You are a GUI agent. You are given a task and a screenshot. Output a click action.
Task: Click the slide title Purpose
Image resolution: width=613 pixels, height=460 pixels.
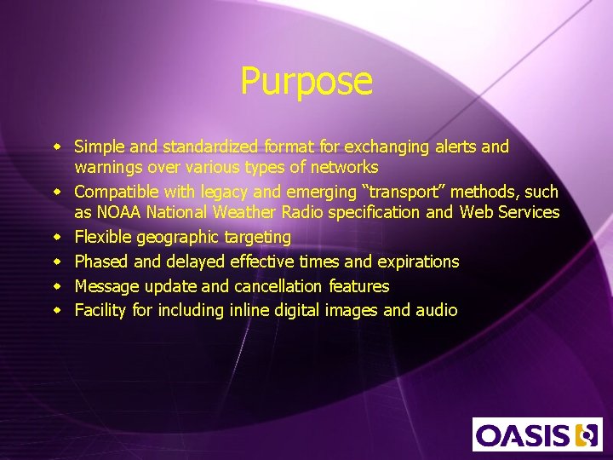(306, 82)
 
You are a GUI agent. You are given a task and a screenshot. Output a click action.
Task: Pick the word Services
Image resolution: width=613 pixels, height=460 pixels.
(528, 212)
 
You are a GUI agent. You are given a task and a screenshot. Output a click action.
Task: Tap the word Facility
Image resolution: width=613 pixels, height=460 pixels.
(100, 310)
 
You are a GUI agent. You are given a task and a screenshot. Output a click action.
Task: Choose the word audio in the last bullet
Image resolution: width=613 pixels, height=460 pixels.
(436, 310)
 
